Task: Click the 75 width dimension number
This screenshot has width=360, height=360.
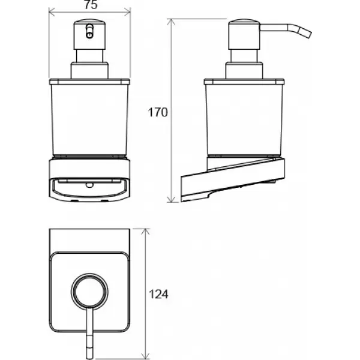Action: (x=91, y=5)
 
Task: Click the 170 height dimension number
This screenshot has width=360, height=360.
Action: (x=158, y=113)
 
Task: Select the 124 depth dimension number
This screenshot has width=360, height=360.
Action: (x=158, y=294)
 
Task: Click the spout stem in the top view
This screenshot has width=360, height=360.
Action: (x=89, y=334)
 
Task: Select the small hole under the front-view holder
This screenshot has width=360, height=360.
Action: (x=89, y=185)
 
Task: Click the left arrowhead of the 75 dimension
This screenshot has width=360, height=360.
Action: (x=52, y=12)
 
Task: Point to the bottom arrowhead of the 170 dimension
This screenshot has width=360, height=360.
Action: (x=172, y=199)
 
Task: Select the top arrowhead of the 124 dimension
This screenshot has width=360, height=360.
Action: (x=146, y=232)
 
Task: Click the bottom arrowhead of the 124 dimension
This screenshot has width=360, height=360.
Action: (x=146, y=356)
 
